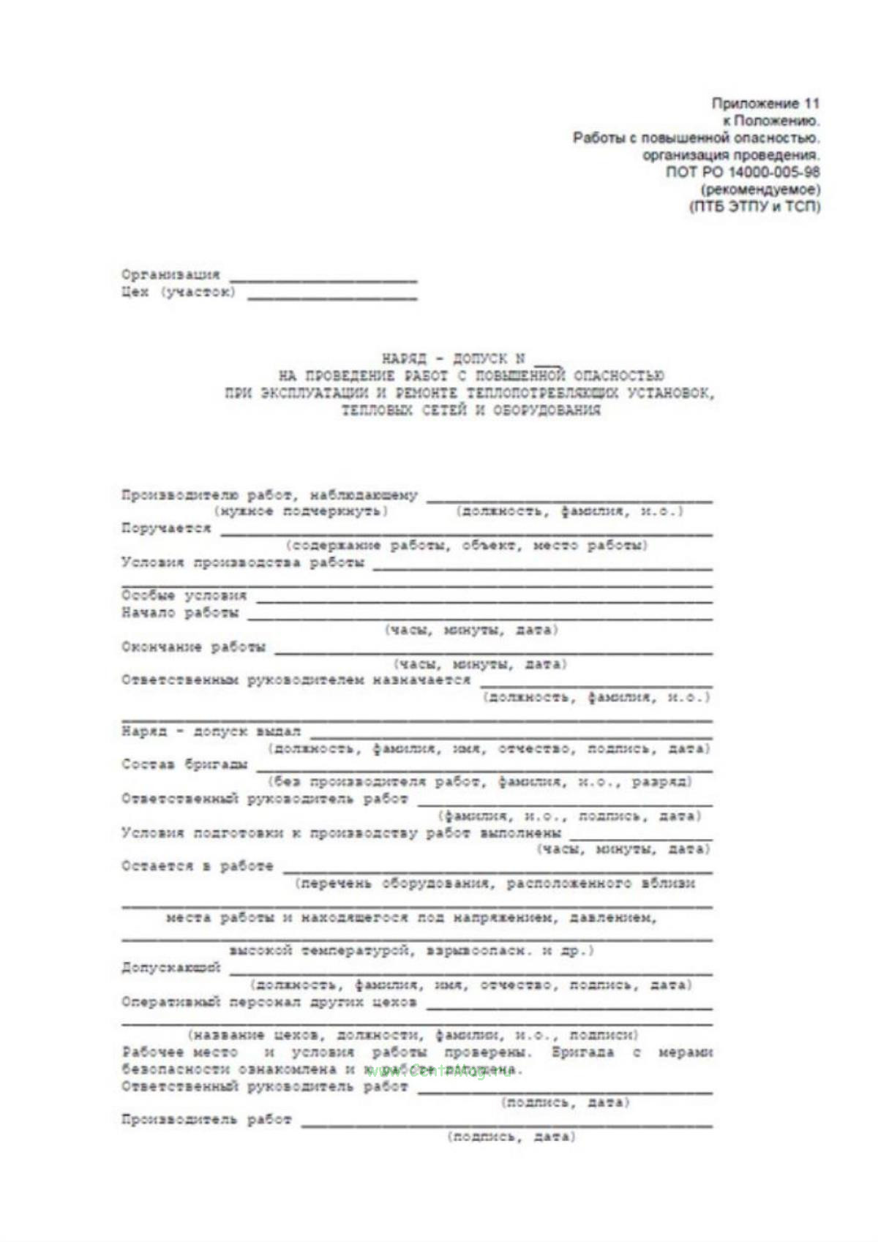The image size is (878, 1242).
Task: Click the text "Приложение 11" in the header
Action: pos(765,103)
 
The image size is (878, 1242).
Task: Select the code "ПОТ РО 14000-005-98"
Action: pos(743,172)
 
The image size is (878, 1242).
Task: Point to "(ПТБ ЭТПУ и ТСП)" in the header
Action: pos(754,206)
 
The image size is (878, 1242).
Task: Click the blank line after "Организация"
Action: pos(323,279)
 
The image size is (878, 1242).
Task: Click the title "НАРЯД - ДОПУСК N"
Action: pos(454,358)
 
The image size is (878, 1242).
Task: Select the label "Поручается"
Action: pos(166,528)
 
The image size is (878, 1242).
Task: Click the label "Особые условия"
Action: pos(184,595)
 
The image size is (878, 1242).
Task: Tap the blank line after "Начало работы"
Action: pos(479,617)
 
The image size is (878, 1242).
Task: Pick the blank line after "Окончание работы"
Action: pos(492,651)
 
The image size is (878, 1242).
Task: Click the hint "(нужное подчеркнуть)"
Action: pos(301,511)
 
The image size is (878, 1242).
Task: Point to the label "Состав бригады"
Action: pos(184,764)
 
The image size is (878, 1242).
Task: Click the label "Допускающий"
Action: pos(170,967)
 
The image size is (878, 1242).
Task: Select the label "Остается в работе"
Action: pos(197,866)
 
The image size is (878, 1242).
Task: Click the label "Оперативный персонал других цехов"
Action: pos(269,1002)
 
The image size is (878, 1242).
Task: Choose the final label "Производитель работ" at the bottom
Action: pos(206,1119)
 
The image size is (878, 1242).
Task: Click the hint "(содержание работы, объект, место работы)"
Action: pos(467,546)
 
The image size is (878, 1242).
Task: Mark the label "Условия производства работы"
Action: pos(242,562)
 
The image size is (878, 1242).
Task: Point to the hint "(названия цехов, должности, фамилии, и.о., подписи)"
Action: pos(413,1035)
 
